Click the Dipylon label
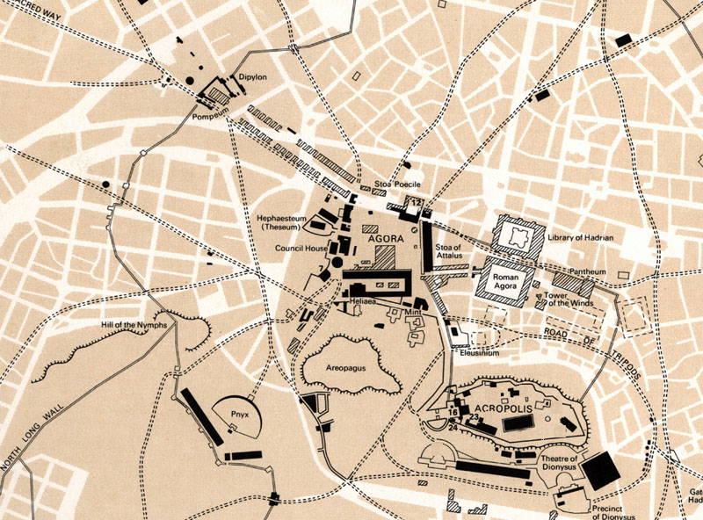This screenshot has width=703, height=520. coord(252,76)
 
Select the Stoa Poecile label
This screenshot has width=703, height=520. coord(398,184)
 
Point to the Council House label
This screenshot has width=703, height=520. coord(301,249)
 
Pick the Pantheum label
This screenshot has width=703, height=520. coord(589,272)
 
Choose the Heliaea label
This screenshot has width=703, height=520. coord(363,300)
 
